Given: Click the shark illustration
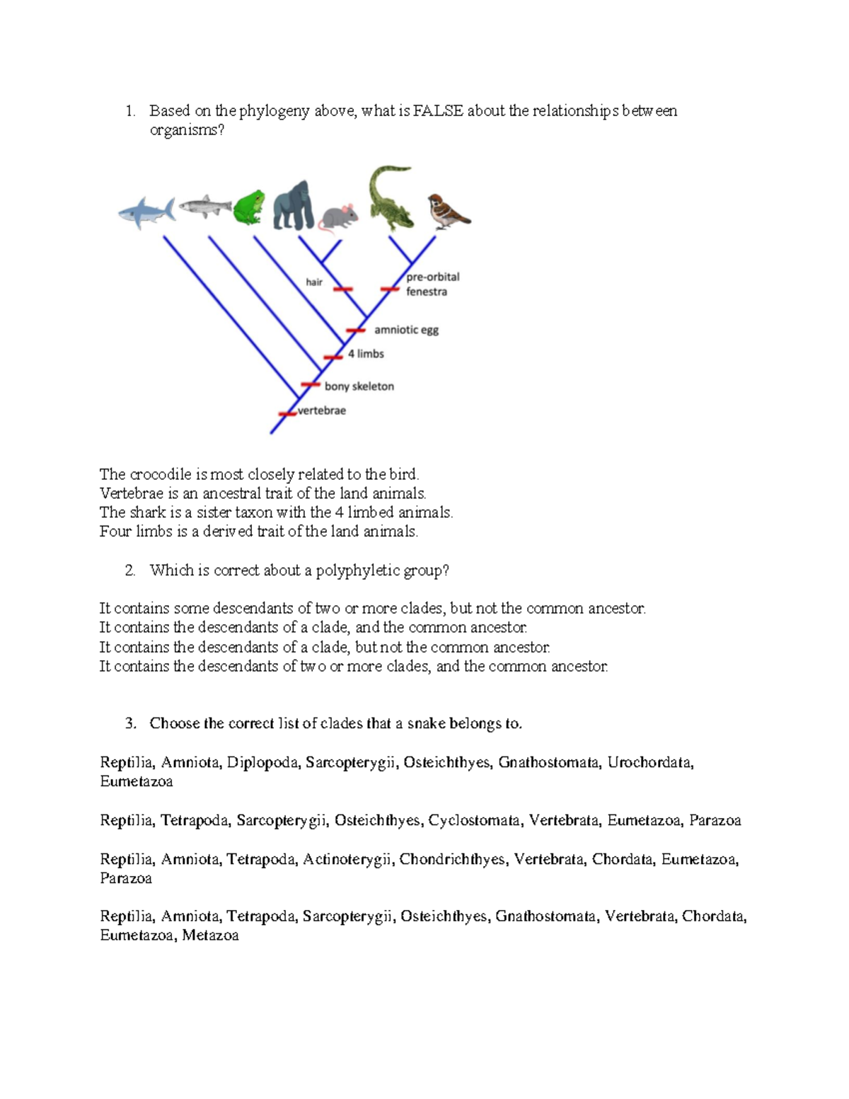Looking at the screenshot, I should (x=147, y=212).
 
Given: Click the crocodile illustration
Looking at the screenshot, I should (x=390, y=197).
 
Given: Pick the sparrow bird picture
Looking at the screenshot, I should (x=448, y=212).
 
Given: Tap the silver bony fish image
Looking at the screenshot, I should (x=205, y=206).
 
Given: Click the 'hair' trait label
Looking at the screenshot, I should (x=313, y=282).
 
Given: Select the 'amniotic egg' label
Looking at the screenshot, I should (x=406, y=330).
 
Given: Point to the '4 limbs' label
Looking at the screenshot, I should (x=366, y=354).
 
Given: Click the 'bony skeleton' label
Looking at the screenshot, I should (x=359, y=386).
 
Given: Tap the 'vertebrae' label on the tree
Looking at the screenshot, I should (x=322, y=410).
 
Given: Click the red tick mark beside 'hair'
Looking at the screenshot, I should (x=342, y=289).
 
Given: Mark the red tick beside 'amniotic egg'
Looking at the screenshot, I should (x=355, y=330).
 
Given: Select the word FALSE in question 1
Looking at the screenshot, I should (x=438, y=111).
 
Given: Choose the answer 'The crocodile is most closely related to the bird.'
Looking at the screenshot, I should (x=259, y=474).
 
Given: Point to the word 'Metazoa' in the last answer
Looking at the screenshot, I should (x=210, y=936).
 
